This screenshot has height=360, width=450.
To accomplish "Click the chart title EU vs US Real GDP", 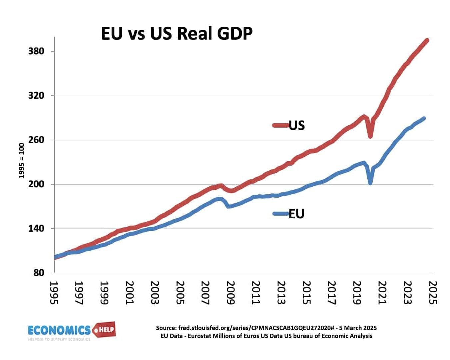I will [x=177, y=33].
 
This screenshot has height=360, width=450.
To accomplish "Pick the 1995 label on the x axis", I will [x=54, y=293].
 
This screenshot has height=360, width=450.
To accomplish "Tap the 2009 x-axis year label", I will [x=230, y=293].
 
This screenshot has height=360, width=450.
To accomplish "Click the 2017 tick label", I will [x=331, y=293].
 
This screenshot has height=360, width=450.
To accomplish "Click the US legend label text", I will [x=297, y=125].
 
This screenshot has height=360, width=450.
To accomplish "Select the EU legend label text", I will [x=296, y=214].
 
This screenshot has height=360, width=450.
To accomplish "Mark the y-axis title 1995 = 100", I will [x=22, y=160].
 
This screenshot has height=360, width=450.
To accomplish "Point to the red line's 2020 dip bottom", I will [x=370, y=136].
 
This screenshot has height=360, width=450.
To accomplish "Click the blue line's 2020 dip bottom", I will [x=370, y=183].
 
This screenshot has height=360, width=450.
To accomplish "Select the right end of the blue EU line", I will [x=424, y=118].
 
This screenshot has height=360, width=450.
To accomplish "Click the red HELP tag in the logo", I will [x=105, y=330].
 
